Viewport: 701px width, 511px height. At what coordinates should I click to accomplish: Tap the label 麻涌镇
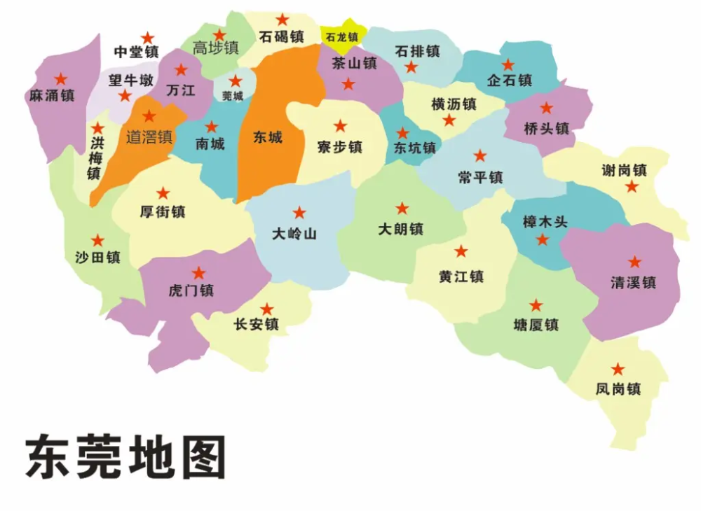[52, 96]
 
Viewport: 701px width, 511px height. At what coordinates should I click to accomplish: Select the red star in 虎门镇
[199, 273]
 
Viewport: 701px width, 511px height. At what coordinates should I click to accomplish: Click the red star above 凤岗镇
[618, 369]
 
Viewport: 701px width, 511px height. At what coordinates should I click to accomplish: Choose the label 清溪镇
[633, 283]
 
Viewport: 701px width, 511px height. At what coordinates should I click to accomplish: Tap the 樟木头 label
[545, 222]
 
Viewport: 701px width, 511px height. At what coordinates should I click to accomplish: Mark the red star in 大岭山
[299, 212]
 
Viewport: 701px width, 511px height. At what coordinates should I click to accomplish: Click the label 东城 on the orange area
[268, 137]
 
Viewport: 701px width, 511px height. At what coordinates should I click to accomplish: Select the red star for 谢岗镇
[632, 186]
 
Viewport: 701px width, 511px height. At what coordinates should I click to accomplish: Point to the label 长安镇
[257, 324]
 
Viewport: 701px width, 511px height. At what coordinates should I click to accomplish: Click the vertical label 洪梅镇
[95, 158]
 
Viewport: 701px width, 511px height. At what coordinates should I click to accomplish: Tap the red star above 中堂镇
[147, 37]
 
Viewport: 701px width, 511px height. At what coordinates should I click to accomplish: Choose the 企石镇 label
[510, 80]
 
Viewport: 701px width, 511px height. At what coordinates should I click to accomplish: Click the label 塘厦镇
[536, 325]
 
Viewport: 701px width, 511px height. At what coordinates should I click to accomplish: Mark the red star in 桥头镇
[546, 108]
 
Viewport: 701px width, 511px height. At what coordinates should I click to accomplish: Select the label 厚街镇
[163, 211]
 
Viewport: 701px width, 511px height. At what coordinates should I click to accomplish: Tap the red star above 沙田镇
[97, 240]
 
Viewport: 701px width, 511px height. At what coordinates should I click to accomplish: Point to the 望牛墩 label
[130, 80]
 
